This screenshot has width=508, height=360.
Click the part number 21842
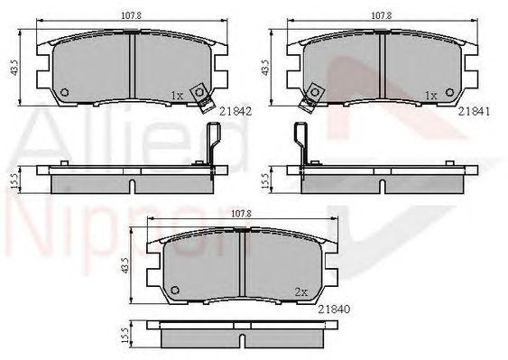[236, 112]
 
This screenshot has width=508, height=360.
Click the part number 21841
[474, 112]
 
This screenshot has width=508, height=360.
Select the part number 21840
[334, 309]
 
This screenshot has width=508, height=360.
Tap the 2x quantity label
[301, 292]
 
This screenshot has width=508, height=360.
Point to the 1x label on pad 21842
[177, 96]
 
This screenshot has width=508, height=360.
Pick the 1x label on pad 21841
[431, 96]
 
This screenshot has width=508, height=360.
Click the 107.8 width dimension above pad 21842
[131, 15]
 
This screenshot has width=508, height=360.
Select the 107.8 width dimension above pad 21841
[382, 15]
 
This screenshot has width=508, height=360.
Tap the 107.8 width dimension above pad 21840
[242, 214]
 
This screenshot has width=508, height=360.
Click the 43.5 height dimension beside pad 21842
[14, 68]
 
